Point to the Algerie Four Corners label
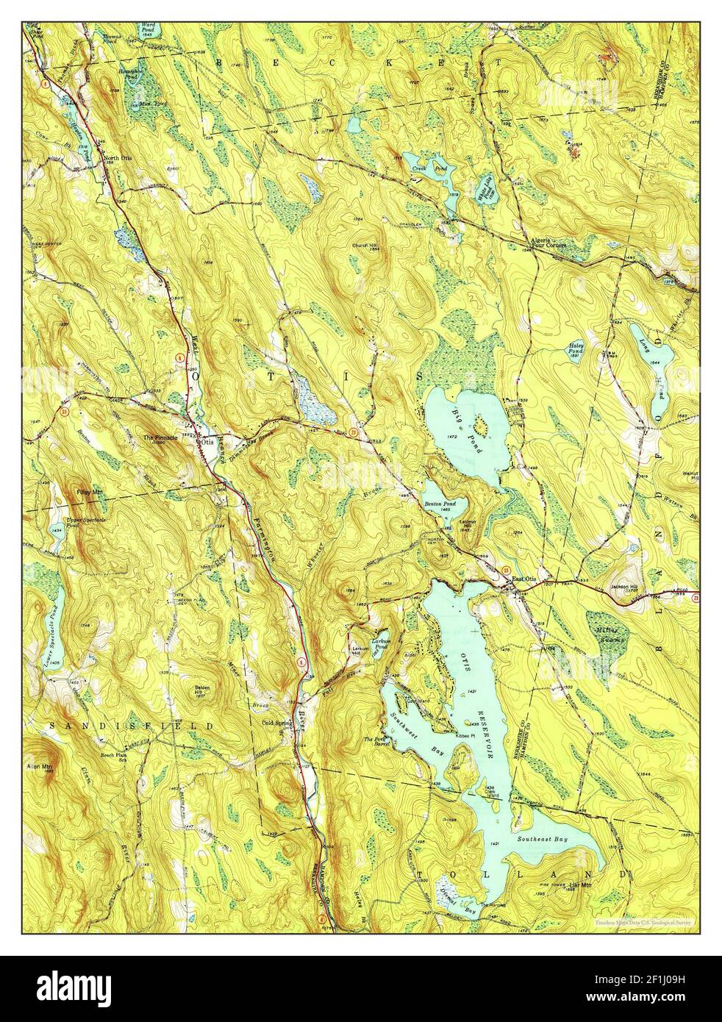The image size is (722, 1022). tap(547, 243)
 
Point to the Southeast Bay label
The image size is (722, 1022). tap(541, 838)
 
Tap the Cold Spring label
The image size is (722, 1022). tap(277, 723)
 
